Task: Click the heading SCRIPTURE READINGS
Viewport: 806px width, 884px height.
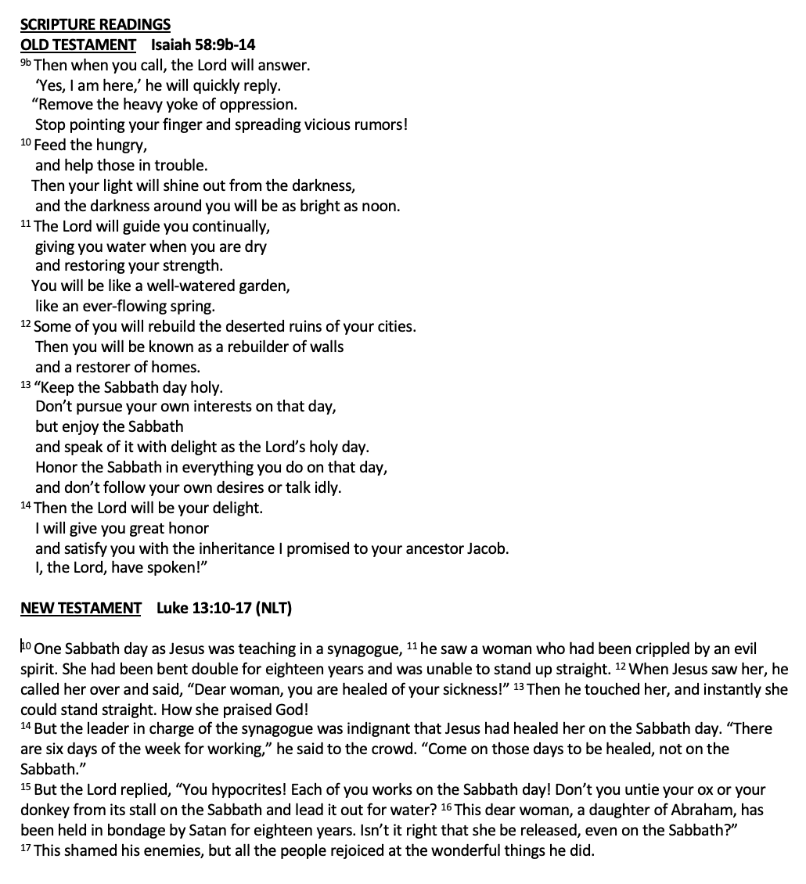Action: click(95, 25)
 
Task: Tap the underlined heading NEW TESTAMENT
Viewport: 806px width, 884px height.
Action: click(81, 608)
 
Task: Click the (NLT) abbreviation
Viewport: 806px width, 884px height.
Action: click(272, 608)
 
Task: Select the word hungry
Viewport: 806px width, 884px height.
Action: click(122, 146)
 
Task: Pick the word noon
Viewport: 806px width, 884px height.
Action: click(380, 207)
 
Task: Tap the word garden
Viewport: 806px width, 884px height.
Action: click(263, 286)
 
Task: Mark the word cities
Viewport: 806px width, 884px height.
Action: click(394, 327)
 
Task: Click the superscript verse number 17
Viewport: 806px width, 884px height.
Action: click(26, 849)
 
